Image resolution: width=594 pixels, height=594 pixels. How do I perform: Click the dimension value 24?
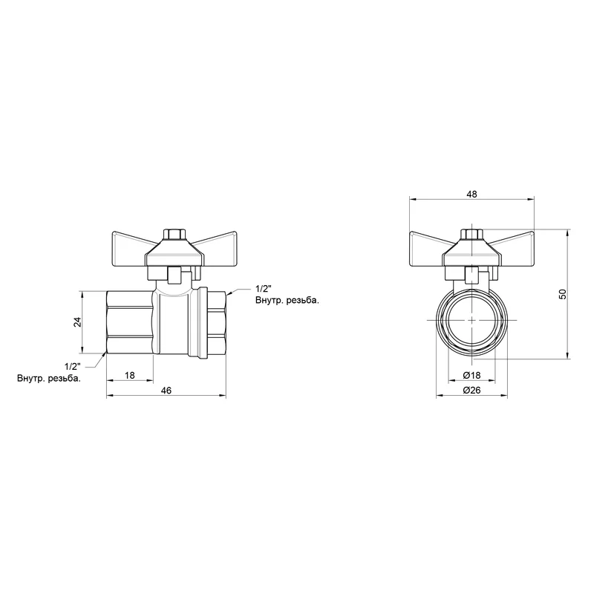click(78, 322)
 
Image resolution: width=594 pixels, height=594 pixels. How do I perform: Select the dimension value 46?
click(166, 391)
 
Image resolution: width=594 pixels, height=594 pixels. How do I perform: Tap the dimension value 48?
click(471, 195)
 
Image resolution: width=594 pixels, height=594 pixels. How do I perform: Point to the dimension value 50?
click(563, 294)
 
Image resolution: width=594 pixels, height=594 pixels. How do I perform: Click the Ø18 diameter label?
click(471, 375)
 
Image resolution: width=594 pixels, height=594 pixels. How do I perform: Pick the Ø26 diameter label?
click(471, 391)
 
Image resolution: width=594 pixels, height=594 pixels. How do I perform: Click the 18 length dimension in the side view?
click(129, 375)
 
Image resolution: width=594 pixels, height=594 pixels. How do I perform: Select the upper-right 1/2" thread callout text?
click(264, 289)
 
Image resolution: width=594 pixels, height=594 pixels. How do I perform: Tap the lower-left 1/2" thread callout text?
click(73, 366)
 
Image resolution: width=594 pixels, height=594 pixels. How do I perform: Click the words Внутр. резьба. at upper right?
click(287, 301)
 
